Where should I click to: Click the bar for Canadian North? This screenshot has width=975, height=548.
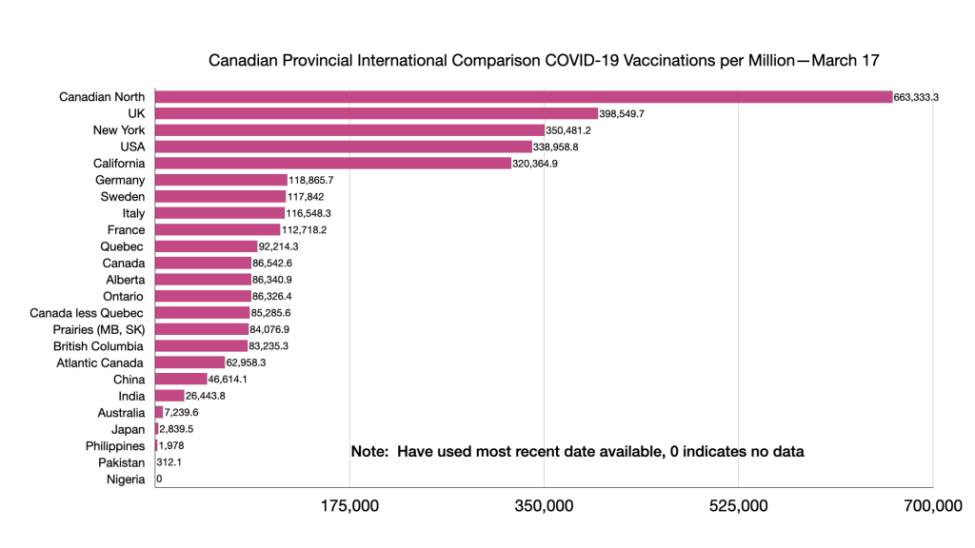coord(523,97)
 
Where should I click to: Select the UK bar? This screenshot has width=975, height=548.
coord(376,113)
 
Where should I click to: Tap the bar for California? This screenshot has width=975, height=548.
coord(332,163)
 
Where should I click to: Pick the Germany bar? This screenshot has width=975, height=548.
coord(221,180)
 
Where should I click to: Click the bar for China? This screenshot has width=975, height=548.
coord(181,379)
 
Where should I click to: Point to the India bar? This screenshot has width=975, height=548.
coord(169,396)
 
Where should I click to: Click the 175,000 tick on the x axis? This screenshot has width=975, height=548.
coord(350,506)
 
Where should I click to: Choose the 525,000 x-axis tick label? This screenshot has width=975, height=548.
coord(739,506)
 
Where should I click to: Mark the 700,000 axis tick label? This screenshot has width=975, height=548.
coord(933,506)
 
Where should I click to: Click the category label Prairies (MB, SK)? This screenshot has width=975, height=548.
coord(99,329)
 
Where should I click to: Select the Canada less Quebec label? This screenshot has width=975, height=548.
coord(87,313)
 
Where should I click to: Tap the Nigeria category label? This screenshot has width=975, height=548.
coord(126,479)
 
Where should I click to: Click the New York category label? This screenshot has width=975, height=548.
coord(119,130)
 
